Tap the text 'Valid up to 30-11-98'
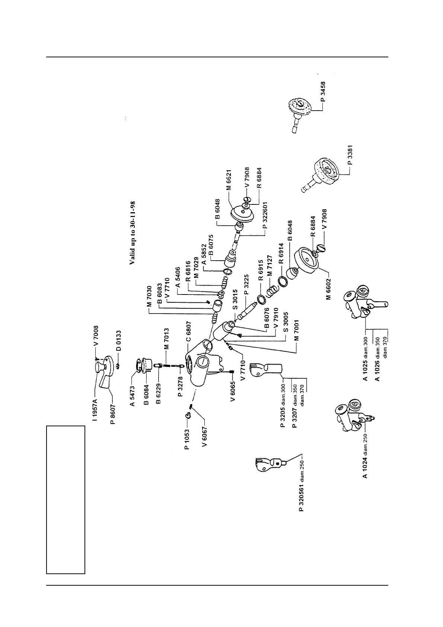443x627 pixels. [133, 233]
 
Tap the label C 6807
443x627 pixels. [189, 331]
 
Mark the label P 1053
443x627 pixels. [187, 439]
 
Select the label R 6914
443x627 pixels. [281, 253]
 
